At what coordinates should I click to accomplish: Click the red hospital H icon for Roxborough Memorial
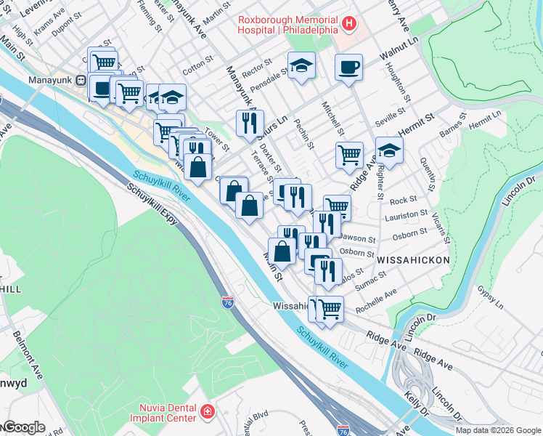click(x=349, y=24)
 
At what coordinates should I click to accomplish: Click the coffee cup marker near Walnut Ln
click(x=348, y=68)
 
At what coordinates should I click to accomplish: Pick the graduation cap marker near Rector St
click(x=301, y=65)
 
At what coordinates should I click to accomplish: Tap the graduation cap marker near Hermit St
click(x=389, y=150)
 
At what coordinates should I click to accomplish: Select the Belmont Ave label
click(x=28, y=355)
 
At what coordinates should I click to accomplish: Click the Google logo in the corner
click(x=23, y=427)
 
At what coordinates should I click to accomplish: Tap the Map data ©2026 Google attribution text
click(x=498, y=430)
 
